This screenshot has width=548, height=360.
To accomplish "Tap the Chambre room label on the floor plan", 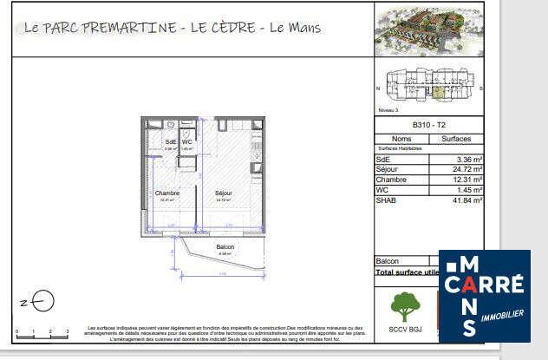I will (x=166, y=193).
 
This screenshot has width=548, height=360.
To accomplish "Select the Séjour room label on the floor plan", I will (x=224, y=193).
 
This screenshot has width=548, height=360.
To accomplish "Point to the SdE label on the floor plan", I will (x=170, y=142).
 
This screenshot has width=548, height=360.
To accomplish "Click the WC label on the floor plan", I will (x=186, y=142).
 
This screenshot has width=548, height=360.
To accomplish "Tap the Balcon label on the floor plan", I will (x=224, y=247).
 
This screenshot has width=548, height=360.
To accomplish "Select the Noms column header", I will (x=401, y=138).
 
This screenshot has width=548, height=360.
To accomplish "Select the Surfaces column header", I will (x=456, y=138).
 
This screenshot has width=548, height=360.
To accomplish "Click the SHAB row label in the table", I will (x=386, y=200).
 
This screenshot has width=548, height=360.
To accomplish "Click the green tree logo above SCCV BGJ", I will (x=401, y=307).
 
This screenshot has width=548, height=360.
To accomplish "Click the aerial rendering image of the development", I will (x=428, y=31).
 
